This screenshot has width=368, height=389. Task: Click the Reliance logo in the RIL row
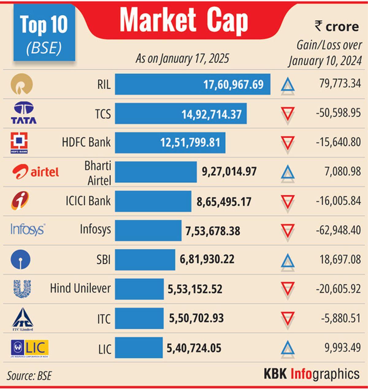[x=21, y=84]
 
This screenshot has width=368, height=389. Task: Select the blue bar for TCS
[x=181, y=114]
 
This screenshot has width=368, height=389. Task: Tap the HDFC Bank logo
[x=19, y=143]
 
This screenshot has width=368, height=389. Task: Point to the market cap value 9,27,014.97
[x=229, y=171]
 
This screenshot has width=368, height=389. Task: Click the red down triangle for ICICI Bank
[x=288, y=202]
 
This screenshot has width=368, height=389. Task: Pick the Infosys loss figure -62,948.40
[x=338, y=230]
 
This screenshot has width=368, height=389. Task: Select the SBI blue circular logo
[x=21, y=260]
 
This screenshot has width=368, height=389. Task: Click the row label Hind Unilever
[x=80, y=288]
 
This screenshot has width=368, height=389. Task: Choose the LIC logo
[x=30, y=348]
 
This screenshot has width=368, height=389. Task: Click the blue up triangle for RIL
[x=288, y=85]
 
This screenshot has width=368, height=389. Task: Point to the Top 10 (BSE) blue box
[x=44, y=32]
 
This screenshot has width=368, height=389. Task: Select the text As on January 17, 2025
[x=182, y=58]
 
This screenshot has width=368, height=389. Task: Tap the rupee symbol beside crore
[x=319, y=26]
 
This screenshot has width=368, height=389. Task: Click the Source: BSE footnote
[x=29, y=376]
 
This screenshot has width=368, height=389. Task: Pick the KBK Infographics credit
[x=312, y=374]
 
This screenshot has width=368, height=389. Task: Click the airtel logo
[x=36, y=172]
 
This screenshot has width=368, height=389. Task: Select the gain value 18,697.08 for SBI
[x=340, y=260]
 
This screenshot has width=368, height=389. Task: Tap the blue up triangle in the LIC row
[x=288, y=349]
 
